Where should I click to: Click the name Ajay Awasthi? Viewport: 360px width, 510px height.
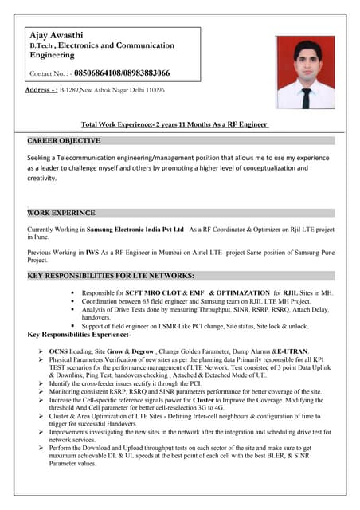click(58, 36)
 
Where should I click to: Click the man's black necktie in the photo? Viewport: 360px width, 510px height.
click(306, 96)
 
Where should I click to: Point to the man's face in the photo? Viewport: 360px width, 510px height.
click(306, 61)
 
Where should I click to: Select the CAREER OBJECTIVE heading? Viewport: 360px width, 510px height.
click(65, 141)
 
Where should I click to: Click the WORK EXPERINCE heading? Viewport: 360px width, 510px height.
click(61, 214)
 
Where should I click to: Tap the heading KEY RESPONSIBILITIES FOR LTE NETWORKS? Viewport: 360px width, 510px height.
click(111, 275)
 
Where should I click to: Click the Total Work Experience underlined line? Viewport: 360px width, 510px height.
click(175, 124)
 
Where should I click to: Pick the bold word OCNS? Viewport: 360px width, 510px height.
click(59, 351)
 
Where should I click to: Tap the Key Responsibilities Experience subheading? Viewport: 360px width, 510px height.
click(84, 334)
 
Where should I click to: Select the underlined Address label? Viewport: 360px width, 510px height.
click(41, 90)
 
